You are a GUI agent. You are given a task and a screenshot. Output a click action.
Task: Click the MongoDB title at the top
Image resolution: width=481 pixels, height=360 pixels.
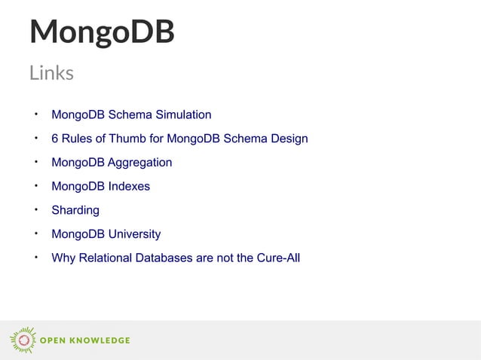pos(102,32)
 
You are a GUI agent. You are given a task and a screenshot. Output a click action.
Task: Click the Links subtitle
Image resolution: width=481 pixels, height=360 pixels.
pos(51,73)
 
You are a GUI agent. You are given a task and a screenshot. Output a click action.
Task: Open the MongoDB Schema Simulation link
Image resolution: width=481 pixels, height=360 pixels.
pos(131,115)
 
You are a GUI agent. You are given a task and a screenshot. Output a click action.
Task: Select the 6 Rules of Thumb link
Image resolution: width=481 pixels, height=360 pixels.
pos(179,139)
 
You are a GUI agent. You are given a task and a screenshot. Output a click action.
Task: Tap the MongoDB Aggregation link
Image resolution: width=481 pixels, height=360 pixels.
pos(112,163)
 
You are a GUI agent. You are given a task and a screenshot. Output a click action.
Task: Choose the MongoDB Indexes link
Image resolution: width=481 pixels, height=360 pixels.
pos(100,186)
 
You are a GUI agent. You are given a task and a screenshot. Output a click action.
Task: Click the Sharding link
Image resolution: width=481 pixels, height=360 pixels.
pos(75,210)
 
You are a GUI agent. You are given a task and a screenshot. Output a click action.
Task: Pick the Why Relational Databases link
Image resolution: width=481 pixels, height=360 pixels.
pos(176,258)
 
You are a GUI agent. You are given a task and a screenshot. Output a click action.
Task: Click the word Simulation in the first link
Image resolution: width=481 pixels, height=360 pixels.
pos(185,115)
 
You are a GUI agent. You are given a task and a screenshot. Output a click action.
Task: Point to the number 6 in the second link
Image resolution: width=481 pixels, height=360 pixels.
pos(55,139)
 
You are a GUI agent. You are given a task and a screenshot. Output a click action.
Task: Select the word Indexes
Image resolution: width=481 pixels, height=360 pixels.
pos(128,186)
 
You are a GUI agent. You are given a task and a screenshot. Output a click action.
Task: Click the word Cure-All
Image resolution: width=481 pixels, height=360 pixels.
pos(277,258)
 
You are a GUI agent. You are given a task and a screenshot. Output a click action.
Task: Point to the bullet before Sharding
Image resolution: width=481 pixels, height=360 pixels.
pos(35,209)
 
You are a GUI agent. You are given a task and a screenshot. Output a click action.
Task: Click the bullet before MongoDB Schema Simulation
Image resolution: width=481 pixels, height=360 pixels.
pos(35,114)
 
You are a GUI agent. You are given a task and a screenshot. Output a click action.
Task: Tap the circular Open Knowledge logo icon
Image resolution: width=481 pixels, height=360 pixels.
pos(23,340)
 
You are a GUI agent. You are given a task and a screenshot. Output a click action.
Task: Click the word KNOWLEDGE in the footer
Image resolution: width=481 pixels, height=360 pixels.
pos(100,340)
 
